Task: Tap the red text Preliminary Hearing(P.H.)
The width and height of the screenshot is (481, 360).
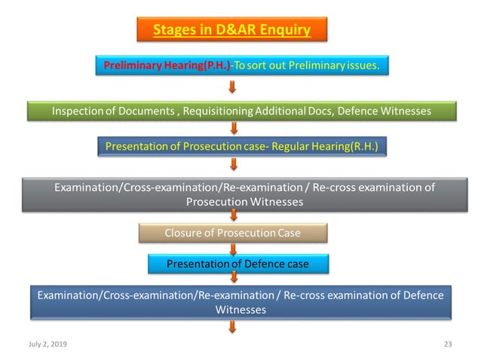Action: (167, 66)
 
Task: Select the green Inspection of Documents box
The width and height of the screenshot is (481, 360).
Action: (241, 111)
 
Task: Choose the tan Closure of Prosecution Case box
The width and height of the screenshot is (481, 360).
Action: (232, 233)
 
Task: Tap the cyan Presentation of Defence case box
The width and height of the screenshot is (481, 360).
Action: (237, 264)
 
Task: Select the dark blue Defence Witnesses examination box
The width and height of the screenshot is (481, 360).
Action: (240, 301)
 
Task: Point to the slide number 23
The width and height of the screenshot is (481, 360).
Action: (447, 343)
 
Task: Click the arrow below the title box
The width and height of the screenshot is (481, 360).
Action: (231, 48)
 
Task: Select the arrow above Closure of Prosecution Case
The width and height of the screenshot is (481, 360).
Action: (232, 216)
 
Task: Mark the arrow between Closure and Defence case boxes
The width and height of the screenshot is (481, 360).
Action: (232, 248)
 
